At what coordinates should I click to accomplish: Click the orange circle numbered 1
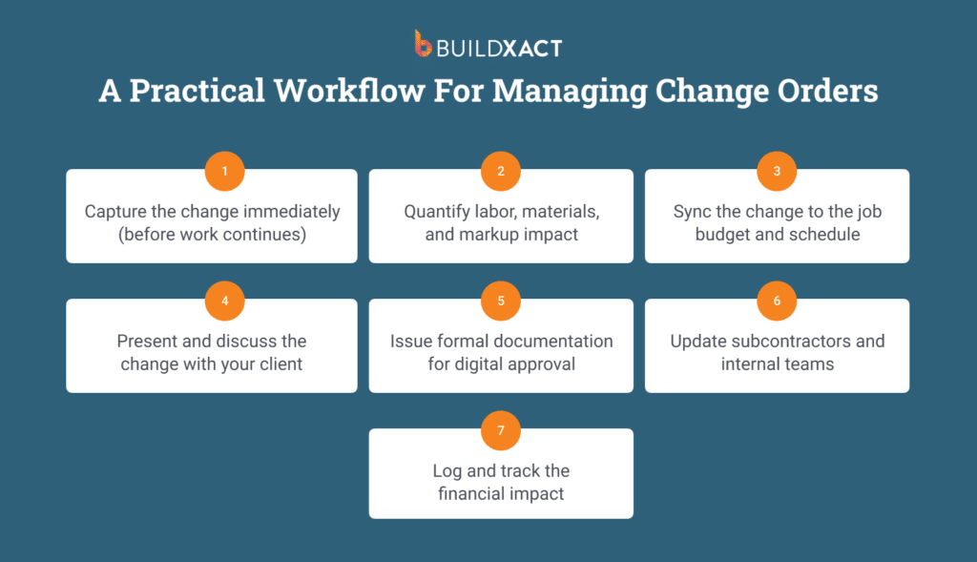tap(225, 171)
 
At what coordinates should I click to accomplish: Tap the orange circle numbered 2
tap(501, 171)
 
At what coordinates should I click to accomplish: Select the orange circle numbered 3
tap(777, 171)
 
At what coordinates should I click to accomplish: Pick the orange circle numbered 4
tap(225, 301)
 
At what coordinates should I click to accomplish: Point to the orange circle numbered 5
tap(501, 301)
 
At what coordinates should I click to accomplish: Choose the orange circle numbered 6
tap(777, 301)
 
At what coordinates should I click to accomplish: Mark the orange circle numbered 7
tap(501, 430)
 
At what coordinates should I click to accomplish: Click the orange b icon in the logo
tap(423, 44)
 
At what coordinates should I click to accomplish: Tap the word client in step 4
tap(281, 364)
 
